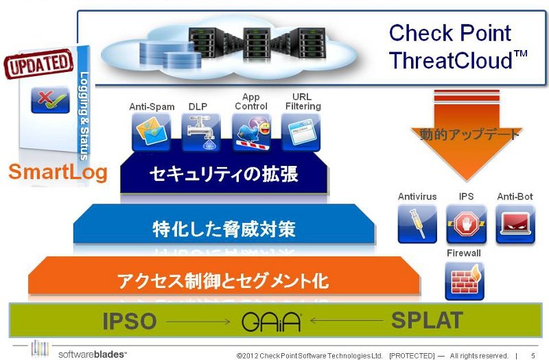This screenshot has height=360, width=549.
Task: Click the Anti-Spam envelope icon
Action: [x=151, y=132]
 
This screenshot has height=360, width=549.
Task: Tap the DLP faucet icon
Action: [x=201, y=132]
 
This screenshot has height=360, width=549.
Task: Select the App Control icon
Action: [x=251, y=132]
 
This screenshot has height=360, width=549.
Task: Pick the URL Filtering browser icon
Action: [x=301, y=132]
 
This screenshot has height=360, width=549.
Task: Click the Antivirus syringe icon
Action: [x=417, y=224]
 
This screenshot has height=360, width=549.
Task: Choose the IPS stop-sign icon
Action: [x=467, y=224]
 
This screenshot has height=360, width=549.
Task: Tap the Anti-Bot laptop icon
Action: [x=515, y=224]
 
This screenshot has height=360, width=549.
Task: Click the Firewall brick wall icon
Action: [x=465, y=281]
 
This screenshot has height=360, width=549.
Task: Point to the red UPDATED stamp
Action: [x=38, y=64]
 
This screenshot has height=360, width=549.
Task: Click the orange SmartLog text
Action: [x=58, y=172]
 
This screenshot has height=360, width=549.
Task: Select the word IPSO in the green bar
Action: [x=130, y=321]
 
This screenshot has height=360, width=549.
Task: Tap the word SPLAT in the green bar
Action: [x=427, y=320]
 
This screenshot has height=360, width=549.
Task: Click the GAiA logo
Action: [x=271, y=322]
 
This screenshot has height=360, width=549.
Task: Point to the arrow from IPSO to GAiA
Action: [x=198, y=322]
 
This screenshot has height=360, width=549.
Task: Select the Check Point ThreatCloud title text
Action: [x=458, y=47]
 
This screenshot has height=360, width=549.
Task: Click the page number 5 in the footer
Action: [x=533, y=356]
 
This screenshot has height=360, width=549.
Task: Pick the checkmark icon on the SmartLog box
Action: [x=50, y=99]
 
